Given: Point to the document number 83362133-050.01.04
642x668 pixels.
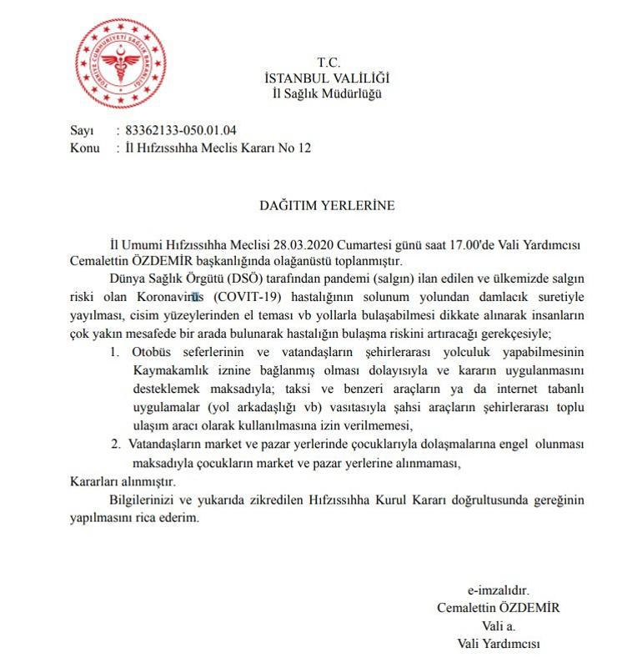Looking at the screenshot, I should click(181, 130).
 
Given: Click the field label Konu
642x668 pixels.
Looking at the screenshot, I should click(85, 147).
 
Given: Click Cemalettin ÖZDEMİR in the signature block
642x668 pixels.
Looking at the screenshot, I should click(498, 607).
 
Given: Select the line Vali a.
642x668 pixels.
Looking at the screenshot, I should click(498, 625).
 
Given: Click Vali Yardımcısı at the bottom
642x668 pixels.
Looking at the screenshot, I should click(498, 644).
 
